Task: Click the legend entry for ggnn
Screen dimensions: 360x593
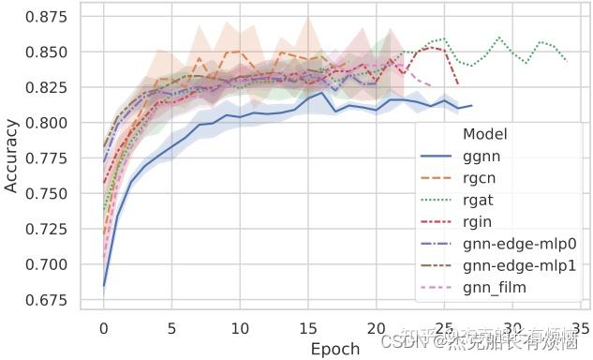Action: click(482, 157)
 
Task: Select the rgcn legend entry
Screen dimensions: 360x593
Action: click(482, 178)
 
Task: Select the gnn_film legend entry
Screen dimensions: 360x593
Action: click(495, 287)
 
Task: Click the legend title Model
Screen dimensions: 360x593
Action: click(484, 135)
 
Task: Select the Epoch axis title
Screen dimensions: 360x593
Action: click(334, 349)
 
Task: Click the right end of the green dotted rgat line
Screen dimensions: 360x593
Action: click(567, 61)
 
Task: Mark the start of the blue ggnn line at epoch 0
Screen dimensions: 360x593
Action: click(104, 285)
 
